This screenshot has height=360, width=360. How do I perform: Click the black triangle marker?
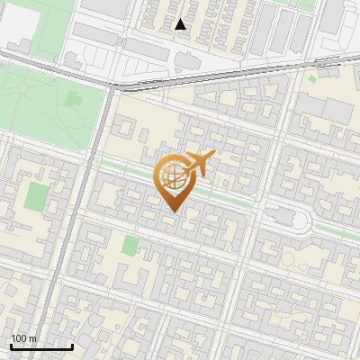[x=181, y=24]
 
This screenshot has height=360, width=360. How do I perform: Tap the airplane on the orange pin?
[x=200, y=164]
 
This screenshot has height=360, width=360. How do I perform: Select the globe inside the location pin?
[x=172, y=178]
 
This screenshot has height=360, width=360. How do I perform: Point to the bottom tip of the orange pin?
[x=172, y=211]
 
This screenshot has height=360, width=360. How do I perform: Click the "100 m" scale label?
[x=24, y=338]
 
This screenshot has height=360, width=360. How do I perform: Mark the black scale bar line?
[x=41, y=346]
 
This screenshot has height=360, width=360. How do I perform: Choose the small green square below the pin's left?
[x=130, y=245]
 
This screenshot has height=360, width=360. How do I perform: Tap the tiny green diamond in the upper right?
[x=313, y=79]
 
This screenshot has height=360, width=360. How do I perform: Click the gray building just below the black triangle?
[x=186, y=60]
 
